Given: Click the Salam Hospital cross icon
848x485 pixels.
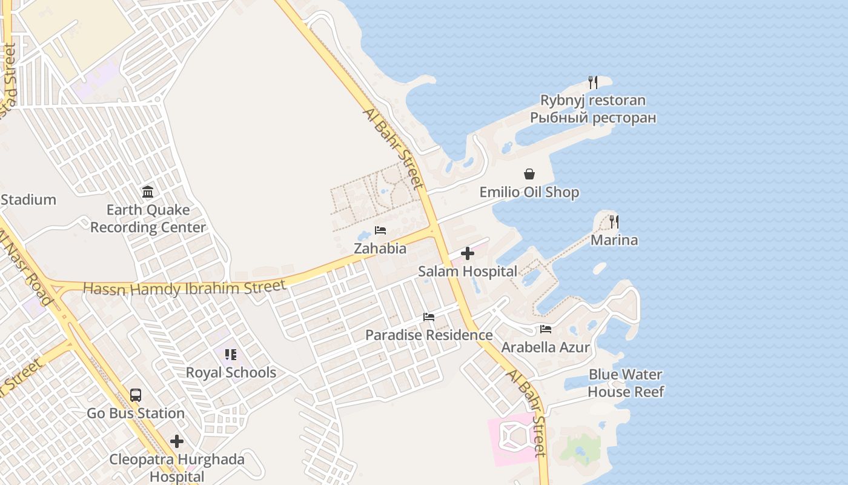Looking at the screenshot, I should click(x=468, y=253).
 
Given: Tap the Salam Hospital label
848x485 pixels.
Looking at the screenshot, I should click(x=468, y=272).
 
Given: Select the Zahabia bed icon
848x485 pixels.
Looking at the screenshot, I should click(x=380, y=230).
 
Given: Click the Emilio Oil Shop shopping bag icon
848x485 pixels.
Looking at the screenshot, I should click(x=529, y=175).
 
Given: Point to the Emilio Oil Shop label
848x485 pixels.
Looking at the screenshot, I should click(x=529, y=192).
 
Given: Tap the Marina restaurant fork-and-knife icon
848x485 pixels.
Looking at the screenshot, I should click(x=614, y=222).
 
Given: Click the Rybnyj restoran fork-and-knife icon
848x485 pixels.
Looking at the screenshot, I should click(x=593, y=82).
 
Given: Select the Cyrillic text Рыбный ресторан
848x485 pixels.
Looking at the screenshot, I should click(x=593, y=118).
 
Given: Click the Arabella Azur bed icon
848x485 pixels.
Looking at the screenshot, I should click(x=546, y=329).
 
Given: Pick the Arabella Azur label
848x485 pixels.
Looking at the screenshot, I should click(x=546, y=347).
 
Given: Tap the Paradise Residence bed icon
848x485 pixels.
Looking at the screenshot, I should click(x=429, y=317).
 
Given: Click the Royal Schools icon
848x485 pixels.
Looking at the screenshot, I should click(x=230, y=355).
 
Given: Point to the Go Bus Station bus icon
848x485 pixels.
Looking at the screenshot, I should click(x=136, y=395).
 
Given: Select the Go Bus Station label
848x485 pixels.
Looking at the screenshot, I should click(x=136, y=413).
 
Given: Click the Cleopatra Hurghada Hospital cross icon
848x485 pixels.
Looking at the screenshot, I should click(x=177, y=441).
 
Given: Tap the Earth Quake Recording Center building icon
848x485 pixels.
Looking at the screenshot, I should click(x=148, y=192).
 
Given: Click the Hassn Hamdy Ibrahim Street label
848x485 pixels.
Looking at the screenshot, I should click(x=184, y=288).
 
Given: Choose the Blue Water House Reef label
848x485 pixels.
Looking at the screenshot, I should click(x=626, y=383).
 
